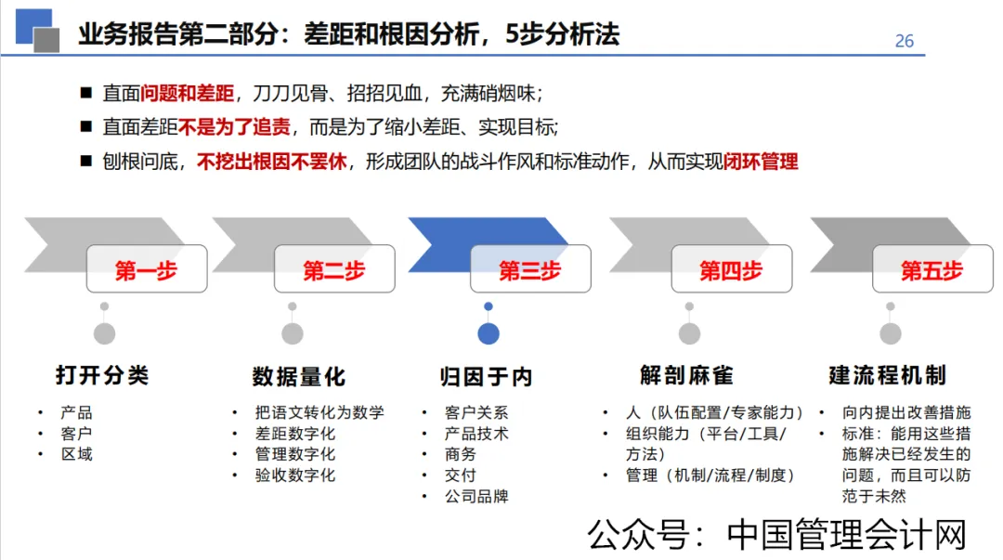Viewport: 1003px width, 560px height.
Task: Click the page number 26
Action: tap(904, 41)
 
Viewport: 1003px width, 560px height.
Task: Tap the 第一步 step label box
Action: tap(147, 269)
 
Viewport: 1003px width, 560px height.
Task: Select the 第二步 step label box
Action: tap(334, 269)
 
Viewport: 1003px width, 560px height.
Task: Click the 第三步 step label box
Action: tap(530, 269)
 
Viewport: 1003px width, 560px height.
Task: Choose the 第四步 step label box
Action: tap(731, 269)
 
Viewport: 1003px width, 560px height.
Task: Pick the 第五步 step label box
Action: tap(931, 269)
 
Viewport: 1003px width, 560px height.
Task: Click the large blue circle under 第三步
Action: tap(488, 333)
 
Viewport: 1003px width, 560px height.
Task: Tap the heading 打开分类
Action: tap(102, 375)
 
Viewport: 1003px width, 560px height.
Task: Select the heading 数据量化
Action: tap(298, 376)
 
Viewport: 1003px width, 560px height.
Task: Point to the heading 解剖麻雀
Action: tap(686, 375)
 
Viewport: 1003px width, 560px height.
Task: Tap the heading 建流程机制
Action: tap(887, 375)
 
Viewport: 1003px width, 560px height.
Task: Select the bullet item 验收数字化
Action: tap(295, 475)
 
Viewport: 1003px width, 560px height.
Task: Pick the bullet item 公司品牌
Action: tap(476, 496)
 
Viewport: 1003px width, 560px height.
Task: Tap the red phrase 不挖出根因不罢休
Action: tap(271, 162)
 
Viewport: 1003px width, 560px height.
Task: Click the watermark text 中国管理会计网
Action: tap(847, 536)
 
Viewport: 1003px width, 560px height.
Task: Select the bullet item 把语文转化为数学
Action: tap(319, 412)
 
